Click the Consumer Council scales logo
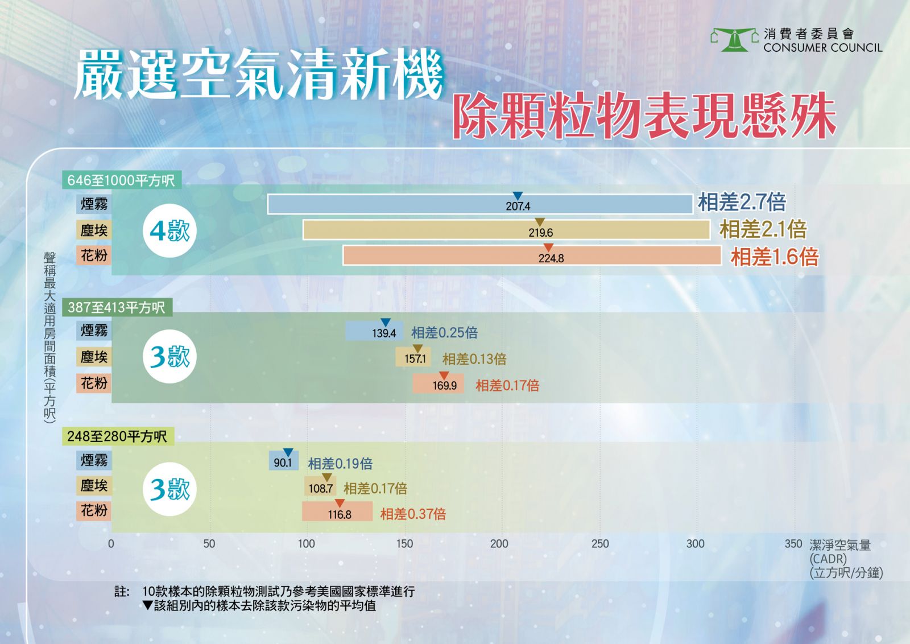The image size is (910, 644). point(734,40)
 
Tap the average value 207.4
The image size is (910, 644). point(518,207)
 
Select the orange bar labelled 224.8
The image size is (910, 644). point(532,255)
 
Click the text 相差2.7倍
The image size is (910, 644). point(742,202)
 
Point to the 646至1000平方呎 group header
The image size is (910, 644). point(122,180)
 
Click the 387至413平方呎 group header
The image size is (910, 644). point(117,308)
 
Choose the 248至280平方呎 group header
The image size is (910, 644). point(118,436)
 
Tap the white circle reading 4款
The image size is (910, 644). point(170,231)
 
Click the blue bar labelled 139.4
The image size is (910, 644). point(374,331)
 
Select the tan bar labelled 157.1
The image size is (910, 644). point(413,357)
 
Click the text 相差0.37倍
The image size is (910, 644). point(413,514)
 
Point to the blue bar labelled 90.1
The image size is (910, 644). point(284,460)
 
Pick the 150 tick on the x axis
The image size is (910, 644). point(404,544)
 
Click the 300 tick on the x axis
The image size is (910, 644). point(695,544)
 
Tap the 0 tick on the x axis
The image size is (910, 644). point(111,544)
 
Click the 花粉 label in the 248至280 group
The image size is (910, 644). point(94,510)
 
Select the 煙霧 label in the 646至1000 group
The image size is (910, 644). point(94,204)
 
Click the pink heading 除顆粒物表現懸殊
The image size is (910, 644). point(644,116)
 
